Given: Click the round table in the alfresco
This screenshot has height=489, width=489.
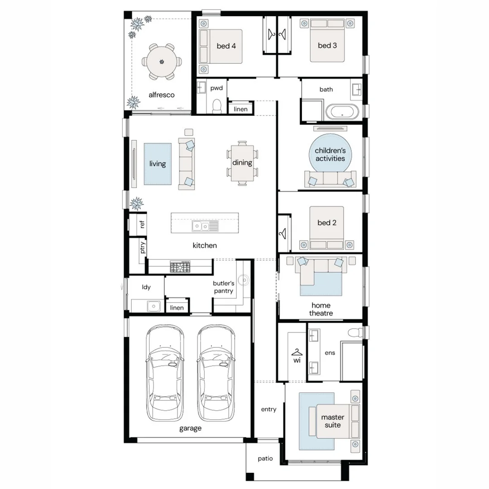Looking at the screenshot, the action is pyautogui.click(x=162, y=62).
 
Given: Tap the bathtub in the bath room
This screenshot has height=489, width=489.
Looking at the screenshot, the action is pyautogui.click(x=342, y=112).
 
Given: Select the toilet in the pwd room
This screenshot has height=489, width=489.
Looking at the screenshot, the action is pyautogui.click(x=216, y=106).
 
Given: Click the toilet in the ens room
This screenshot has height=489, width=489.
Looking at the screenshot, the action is pyautogui.click(x=355, y=332).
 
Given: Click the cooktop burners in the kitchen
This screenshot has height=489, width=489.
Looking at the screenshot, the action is pyautogui.click(x=180, y=267).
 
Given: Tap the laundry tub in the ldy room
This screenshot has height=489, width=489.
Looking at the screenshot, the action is pyautogui.click(x=154, y=306).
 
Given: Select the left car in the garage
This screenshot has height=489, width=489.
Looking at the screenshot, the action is pyautogui.click(x=165, y=373).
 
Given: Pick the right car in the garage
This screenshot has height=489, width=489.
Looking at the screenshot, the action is pyautogui.click(x=216, y=373).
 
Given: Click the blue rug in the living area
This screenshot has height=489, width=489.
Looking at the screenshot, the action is pyautogui.click(x=158, y=164).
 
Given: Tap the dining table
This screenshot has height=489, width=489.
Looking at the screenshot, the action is pyautogui.click(x=242, y=163).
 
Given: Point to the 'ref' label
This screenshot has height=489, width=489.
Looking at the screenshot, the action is pyautogui.click(x=142, y=224).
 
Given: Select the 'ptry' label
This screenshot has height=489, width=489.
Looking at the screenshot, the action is pyautogui.click(x=142, y=247).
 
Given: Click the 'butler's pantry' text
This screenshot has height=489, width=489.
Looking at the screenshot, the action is pyautogui.click(x=223, y=287).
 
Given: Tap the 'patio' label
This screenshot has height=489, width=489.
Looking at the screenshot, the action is pyautogui.click(x=265, y=458).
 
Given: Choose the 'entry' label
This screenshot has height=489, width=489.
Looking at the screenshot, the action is pyautogui.click(x=269, y=409).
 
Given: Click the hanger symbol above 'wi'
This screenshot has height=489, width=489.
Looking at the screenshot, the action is pyautogui.click(x=297, y=352).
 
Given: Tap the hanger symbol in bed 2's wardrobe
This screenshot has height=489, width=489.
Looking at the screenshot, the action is pyautogui.click(x=283, y=234).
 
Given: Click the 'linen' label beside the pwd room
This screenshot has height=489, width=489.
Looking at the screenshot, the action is pyautogui.click(x=240, y=109).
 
